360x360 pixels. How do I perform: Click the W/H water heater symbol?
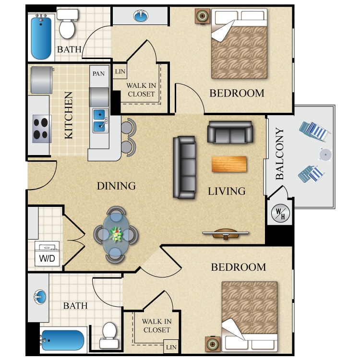coord(280,213)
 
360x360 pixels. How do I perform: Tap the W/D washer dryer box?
coord(47,253)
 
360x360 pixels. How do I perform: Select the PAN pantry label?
coord(98,74)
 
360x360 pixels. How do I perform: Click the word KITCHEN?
coord(69,115)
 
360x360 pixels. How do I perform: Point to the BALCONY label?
coord(280,154)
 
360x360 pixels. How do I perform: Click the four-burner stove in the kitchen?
coord(42,129)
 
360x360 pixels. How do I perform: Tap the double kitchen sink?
coord(100,121)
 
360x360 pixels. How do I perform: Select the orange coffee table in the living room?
coord(229,164)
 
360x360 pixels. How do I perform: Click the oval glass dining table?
coord(116,234)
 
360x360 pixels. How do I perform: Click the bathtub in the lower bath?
coord(63,340)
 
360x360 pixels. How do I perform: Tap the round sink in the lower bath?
coord(40,297)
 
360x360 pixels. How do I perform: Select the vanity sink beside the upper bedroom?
coord(141,16)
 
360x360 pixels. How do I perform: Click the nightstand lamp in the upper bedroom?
coord(202,16)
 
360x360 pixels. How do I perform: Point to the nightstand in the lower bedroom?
coord(212,344)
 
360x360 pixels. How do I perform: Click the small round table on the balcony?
coord(325,155)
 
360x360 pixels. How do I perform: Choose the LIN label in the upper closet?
coord(120,72)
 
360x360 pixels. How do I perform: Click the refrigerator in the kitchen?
coord(42,80)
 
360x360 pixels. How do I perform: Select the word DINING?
coord(116,186)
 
